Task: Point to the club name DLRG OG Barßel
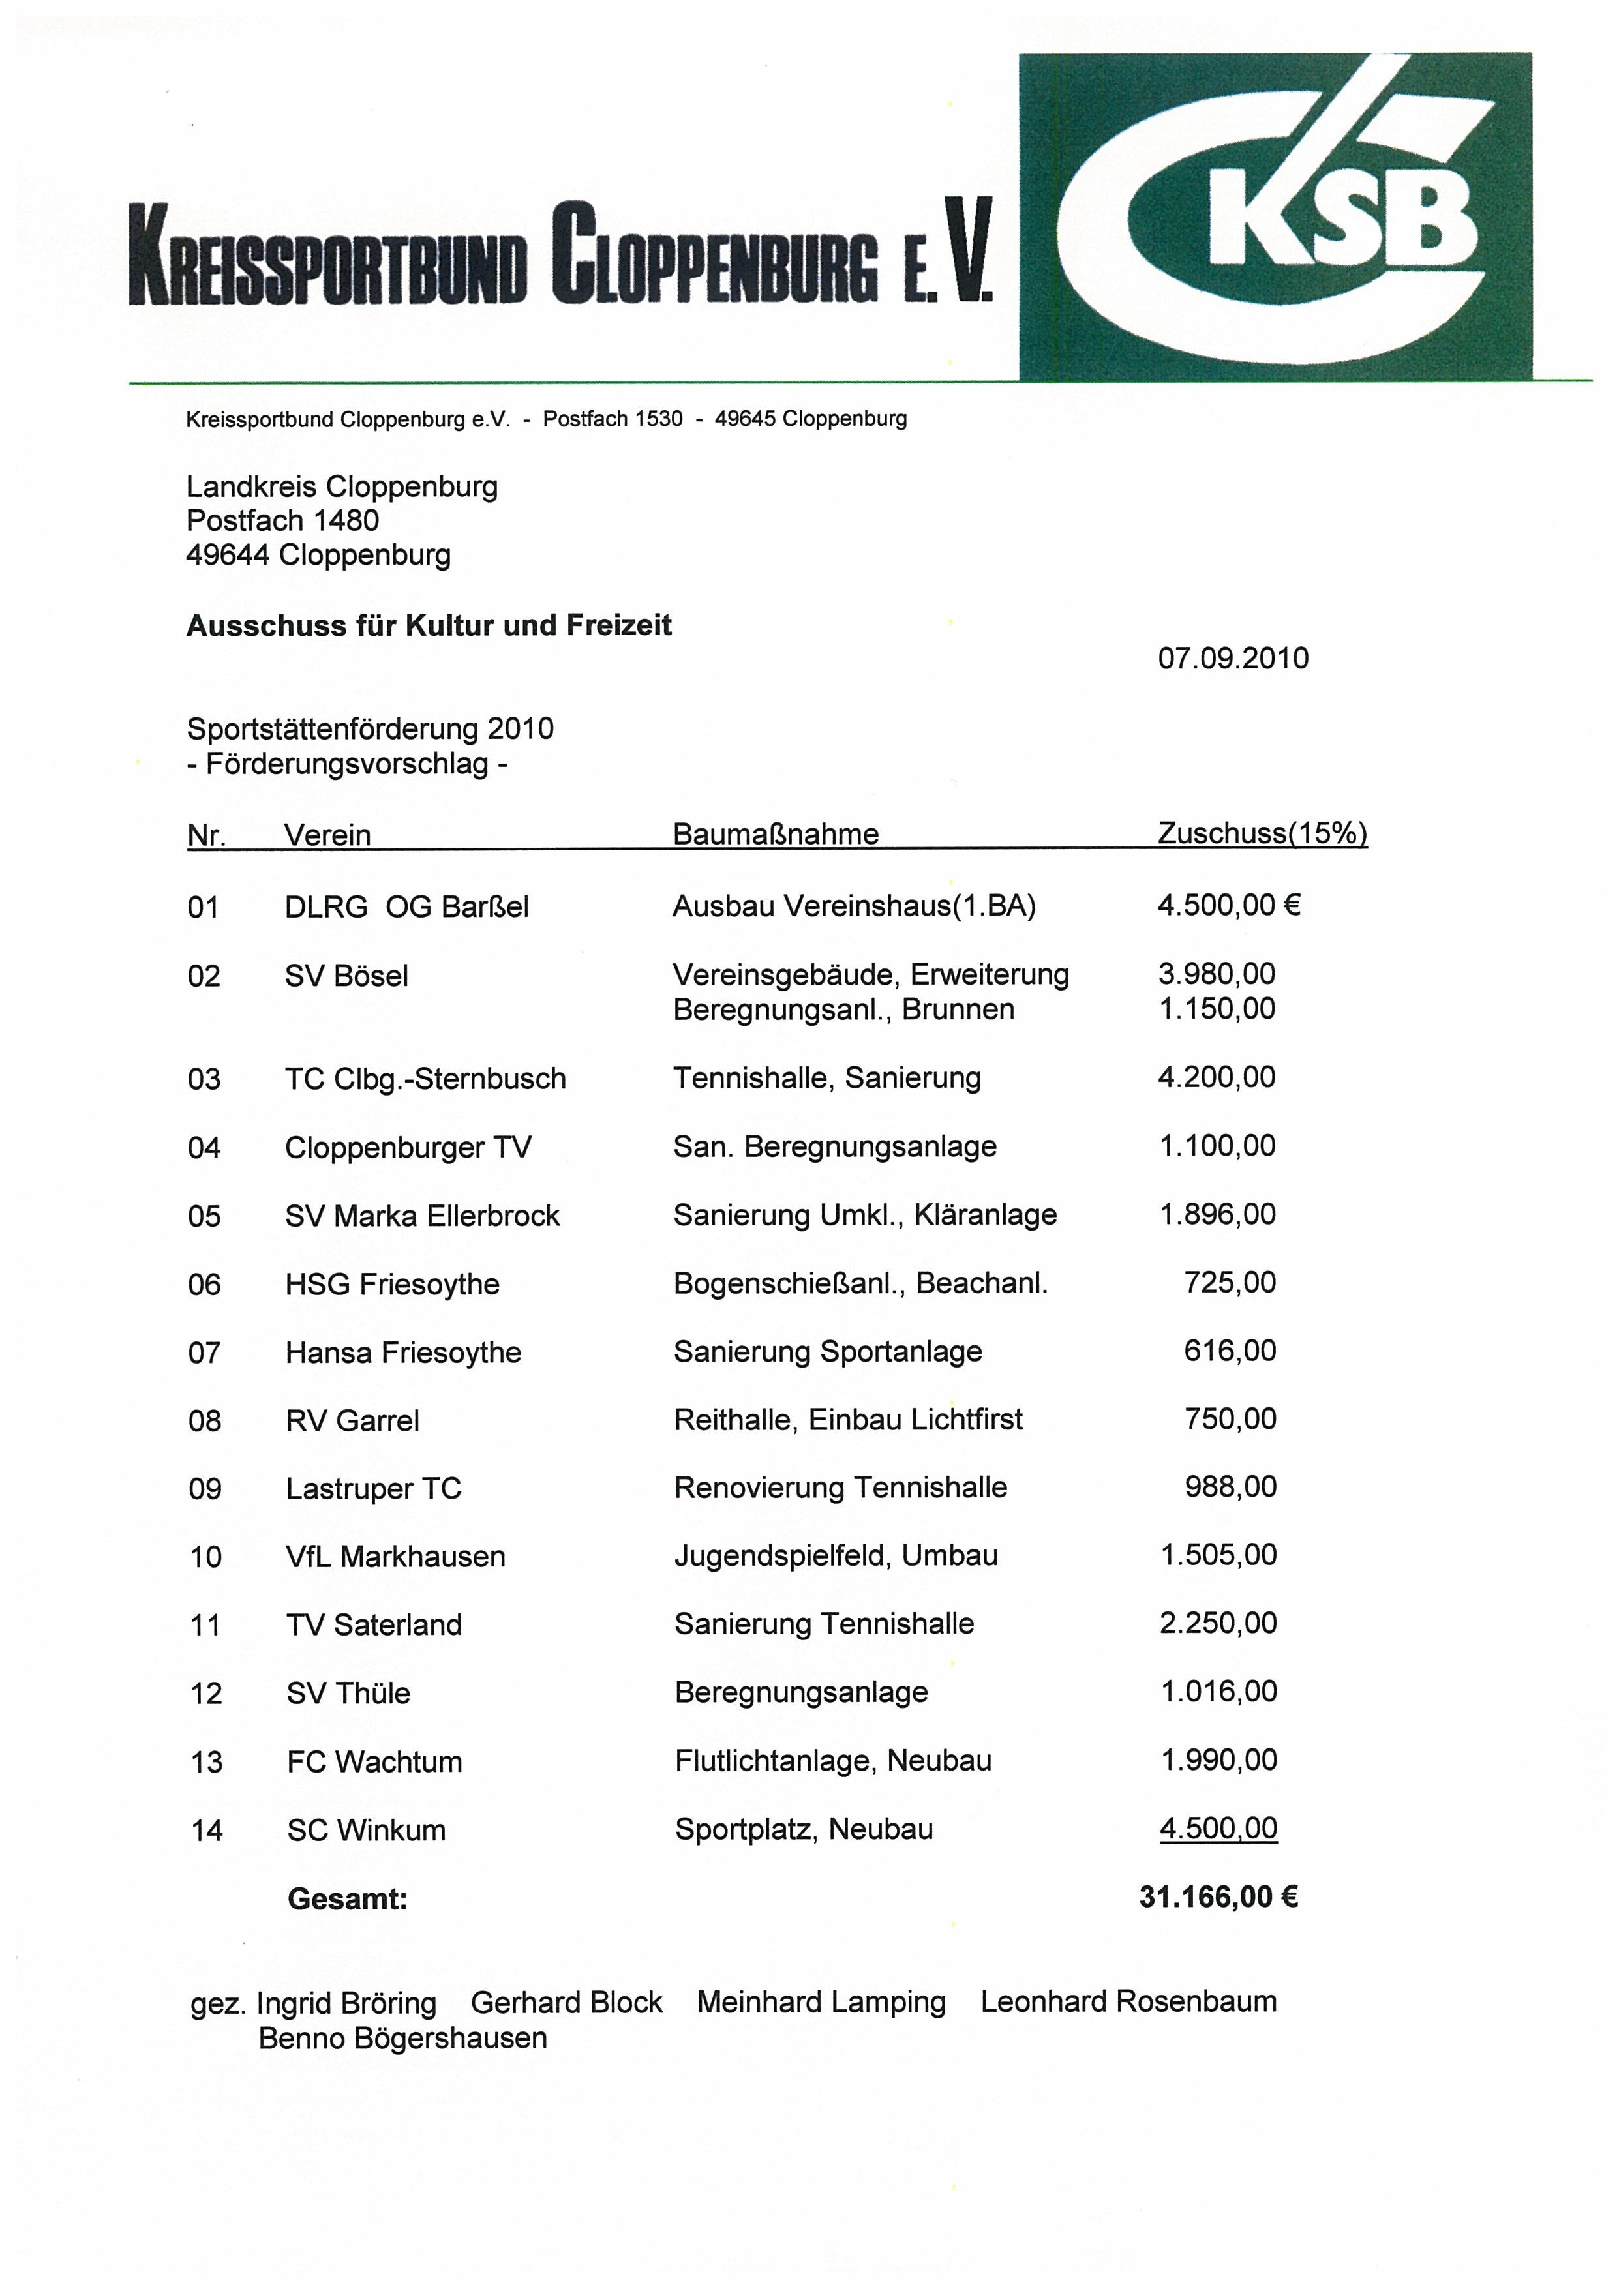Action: coord(407,906)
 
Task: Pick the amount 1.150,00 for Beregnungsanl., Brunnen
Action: coord(1217,1008)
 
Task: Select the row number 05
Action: coord(204,1216)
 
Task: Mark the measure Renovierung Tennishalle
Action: coord(840,1488)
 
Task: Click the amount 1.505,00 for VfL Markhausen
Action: coord(1218,1555)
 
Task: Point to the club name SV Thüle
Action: coord(348,1693)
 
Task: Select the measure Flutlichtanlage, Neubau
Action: coord(832,1761)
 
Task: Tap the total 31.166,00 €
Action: coord(1218,1896)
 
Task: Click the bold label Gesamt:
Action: coord(348,1898)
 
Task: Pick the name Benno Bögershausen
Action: coord(402,2038)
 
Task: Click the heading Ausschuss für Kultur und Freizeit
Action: coord(429,625)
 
